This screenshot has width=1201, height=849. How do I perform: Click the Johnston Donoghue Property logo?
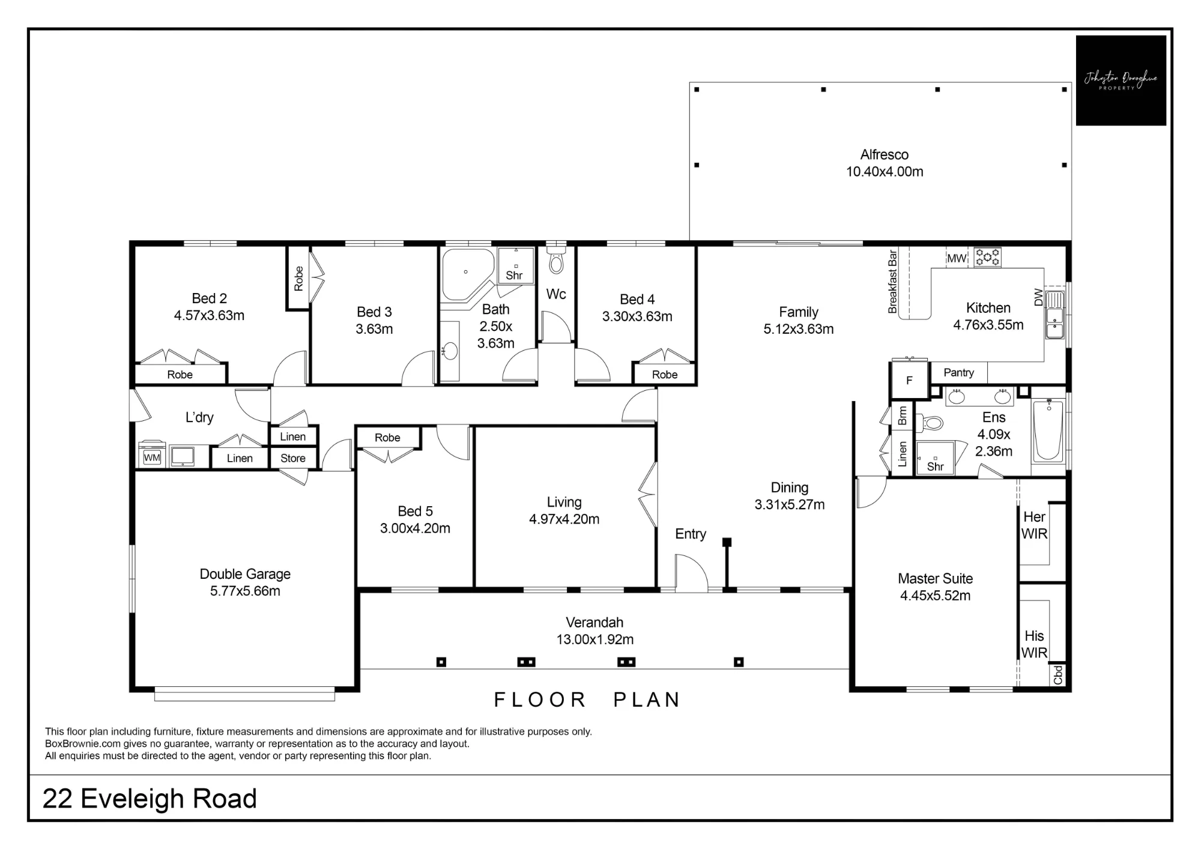(x=1121, y=80)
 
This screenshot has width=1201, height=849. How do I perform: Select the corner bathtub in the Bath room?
(x=467, y=274)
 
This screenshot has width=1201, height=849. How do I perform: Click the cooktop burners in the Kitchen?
(x=987, y=258)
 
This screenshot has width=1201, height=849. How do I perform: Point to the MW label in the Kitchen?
(x=957, y=258)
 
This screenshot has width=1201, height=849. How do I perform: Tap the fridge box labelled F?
(x=909, y=380)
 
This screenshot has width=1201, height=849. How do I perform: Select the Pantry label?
(x=958, y=372)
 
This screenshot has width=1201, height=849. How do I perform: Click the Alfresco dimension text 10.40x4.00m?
(x=885, y=172)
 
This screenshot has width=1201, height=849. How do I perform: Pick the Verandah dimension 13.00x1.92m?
(x=595, y=639)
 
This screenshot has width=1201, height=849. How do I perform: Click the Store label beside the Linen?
(x=293, y=458)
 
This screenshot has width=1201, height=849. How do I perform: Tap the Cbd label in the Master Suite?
(x=1058, y=675)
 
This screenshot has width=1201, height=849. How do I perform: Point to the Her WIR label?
(x=1034, y=525)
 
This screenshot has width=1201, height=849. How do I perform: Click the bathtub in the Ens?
(x=1048, y=431)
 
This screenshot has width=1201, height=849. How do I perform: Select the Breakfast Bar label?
(x=892, y=282)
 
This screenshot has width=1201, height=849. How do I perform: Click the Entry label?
(x=691, y=534)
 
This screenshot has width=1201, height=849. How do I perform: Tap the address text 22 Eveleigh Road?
(x=150, y=799)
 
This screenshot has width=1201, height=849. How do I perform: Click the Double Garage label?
(x=245, y=574)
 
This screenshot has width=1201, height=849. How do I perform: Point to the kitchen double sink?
(x=1055, y=315)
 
